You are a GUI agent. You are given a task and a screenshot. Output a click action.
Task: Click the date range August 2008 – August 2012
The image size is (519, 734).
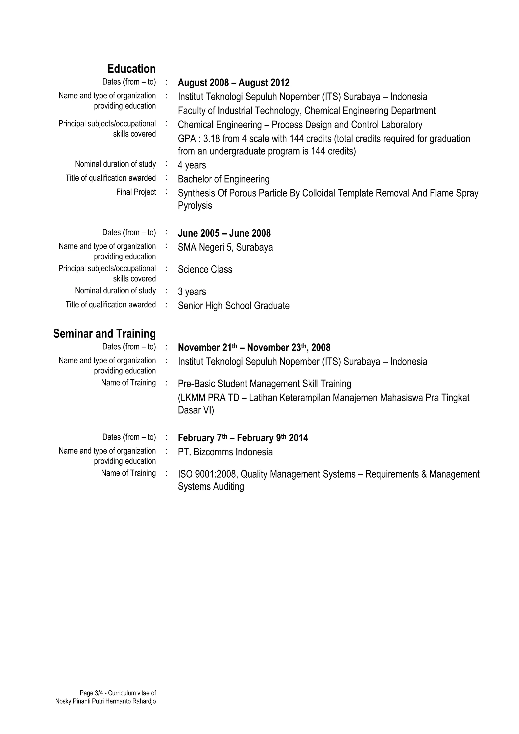(233, 83)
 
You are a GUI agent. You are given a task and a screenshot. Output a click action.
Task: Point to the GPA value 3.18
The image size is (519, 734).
(211, 139)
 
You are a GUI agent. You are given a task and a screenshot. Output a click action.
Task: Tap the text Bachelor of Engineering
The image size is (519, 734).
(224, 179)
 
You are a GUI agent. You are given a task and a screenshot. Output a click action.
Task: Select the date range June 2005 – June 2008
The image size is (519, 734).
(224, 233)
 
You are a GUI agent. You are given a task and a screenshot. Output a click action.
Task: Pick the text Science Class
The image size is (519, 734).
(205, 270)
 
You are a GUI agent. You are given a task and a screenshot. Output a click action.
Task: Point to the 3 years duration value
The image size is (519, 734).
(192, 292)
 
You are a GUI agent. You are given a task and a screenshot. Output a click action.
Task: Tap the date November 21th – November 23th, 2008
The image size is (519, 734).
(254, 348)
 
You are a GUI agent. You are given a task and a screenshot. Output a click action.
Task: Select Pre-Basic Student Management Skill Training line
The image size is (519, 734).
(265, 384)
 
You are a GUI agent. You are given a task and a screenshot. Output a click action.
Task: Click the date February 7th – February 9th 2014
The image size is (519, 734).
(243, 438)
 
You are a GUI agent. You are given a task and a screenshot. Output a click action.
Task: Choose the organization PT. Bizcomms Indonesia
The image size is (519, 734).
(225, 452)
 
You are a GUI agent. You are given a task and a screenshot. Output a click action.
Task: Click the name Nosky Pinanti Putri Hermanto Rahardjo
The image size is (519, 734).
(105, 701)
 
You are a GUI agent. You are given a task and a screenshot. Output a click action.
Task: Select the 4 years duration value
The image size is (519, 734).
(192, 165)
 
